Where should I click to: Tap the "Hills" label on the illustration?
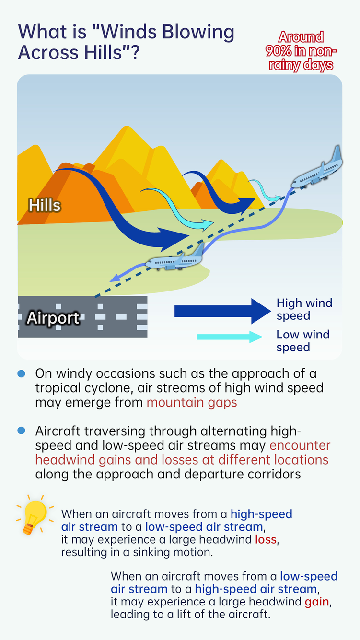44,205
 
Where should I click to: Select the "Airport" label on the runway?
53,317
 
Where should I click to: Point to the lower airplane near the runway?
175,260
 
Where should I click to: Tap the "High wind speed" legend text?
304,309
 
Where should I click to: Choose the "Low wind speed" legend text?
302,341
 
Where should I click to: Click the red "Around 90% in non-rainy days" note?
301,51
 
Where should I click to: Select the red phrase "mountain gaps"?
192,402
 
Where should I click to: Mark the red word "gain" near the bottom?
317,602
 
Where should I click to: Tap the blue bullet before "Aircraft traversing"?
21,431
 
